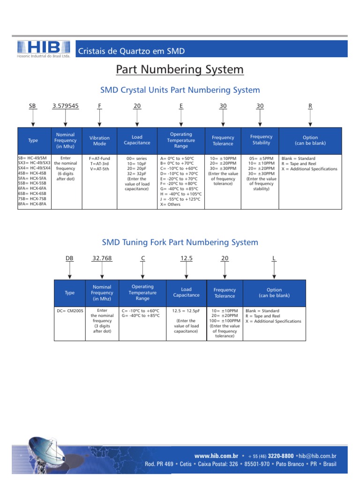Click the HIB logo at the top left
click(x=44, y=48)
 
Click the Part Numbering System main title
click(x=180, y=70)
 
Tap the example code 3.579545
click(x=66, y=106)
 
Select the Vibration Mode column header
click(x=99, y=141)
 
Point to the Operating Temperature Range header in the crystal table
click(x=181, y=140)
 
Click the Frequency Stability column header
click(x=261, y=140)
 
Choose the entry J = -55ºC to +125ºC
click(x=180, y=199)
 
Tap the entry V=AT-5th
click(x=99, y=169)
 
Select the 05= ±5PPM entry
click(x=261, y=158)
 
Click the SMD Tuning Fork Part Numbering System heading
click(x=180, y=242)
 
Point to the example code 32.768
click(x=102, y=258)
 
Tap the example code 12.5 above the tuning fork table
click(x=187, y=258)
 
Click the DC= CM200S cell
click(x=69, y=311)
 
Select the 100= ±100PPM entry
click(x=225, y=321)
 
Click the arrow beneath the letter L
click(x=274, y=270)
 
